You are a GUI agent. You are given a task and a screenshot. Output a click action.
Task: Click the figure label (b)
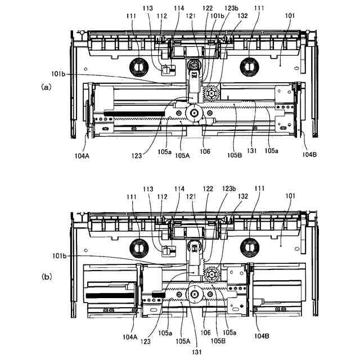(47, 276)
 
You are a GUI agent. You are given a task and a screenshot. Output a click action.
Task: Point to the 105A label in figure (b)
(182, 341)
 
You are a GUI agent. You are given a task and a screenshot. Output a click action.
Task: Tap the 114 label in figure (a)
(178, 8)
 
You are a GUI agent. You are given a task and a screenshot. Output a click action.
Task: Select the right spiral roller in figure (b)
(247, 248)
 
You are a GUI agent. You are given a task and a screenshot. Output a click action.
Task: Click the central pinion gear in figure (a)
(193, 114)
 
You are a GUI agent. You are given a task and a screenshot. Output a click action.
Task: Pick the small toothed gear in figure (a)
(213, 92)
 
